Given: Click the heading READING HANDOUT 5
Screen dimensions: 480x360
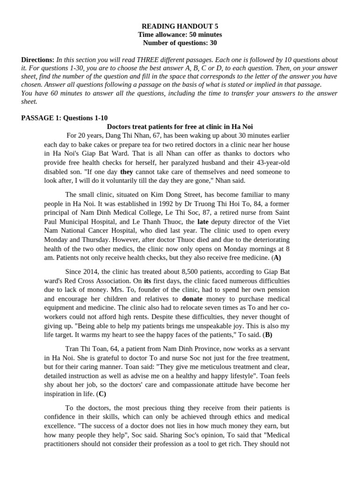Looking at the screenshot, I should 180,26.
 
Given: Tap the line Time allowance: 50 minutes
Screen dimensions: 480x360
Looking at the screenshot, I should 180,35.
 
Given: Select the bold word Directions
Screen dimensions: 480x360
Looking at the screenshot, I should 37,60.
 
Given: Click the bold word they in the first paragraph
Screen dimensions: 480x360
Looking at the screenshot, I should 127,172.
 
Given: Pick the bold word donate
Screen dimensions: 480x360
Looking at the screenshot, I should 192,298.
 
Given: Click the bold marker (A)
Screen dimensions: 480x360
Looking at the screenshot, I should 276,257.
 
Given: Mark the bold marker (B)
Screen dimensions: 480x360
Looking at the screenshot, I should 268,335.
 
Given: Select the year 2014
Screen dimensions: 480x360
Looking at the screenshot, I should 92,271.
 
